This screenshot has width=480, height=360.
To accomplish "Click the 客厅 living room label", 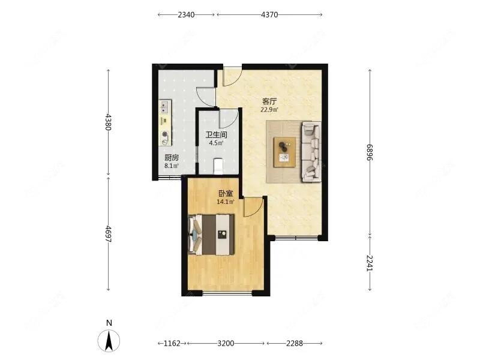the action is coord(269,101).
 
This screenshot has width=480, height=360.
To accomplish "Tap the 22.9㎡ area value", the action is coord(269,110).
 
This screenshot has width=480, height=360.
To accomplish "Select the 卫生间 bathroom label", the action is coord(216,134).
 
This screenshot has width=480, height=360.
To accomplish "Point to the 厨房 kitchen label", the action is coord(172,158).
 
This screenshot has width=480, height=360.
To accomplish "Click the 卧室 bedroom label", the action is coord(226,193).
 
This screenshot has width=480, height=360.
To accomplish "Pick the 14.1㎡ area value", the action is coord(226,202).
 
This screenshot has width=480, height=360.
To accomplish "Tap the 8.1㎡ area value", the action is coord(172,166).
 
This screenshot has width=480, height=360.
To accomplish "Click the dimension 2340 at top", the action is coord(186,14).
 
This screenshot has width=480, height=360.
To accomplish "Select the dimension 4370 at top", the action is coord(269,14).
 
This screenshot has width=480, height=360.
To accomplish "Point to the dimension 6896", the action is coord(370,152).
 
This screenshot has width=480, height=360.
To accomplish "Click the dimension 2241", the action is coord(370,263).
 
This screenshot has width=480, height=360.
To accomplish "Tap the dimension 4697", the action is coord(108,234).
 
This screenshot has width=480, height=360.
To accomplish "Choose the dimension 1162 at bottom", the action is coord(172,343).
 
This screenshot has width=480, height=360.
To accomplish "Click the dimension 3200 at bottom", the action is coord(226,343).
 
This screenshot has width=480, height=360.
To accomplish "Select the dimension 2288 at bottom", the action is coord(295,343).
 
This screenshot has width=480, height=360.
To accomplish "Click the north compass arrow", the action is coord(109,340).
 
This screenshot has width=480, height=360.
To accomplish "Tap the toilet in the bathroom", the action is coord(218,166).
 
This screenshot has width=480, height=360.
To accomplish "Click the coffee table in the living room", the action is coord(284,152).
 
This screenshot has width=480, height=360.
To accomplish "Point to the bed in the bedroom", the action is coord(211,235).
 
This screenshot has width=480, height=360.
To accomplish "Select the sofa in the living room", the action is coord(311,152).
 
